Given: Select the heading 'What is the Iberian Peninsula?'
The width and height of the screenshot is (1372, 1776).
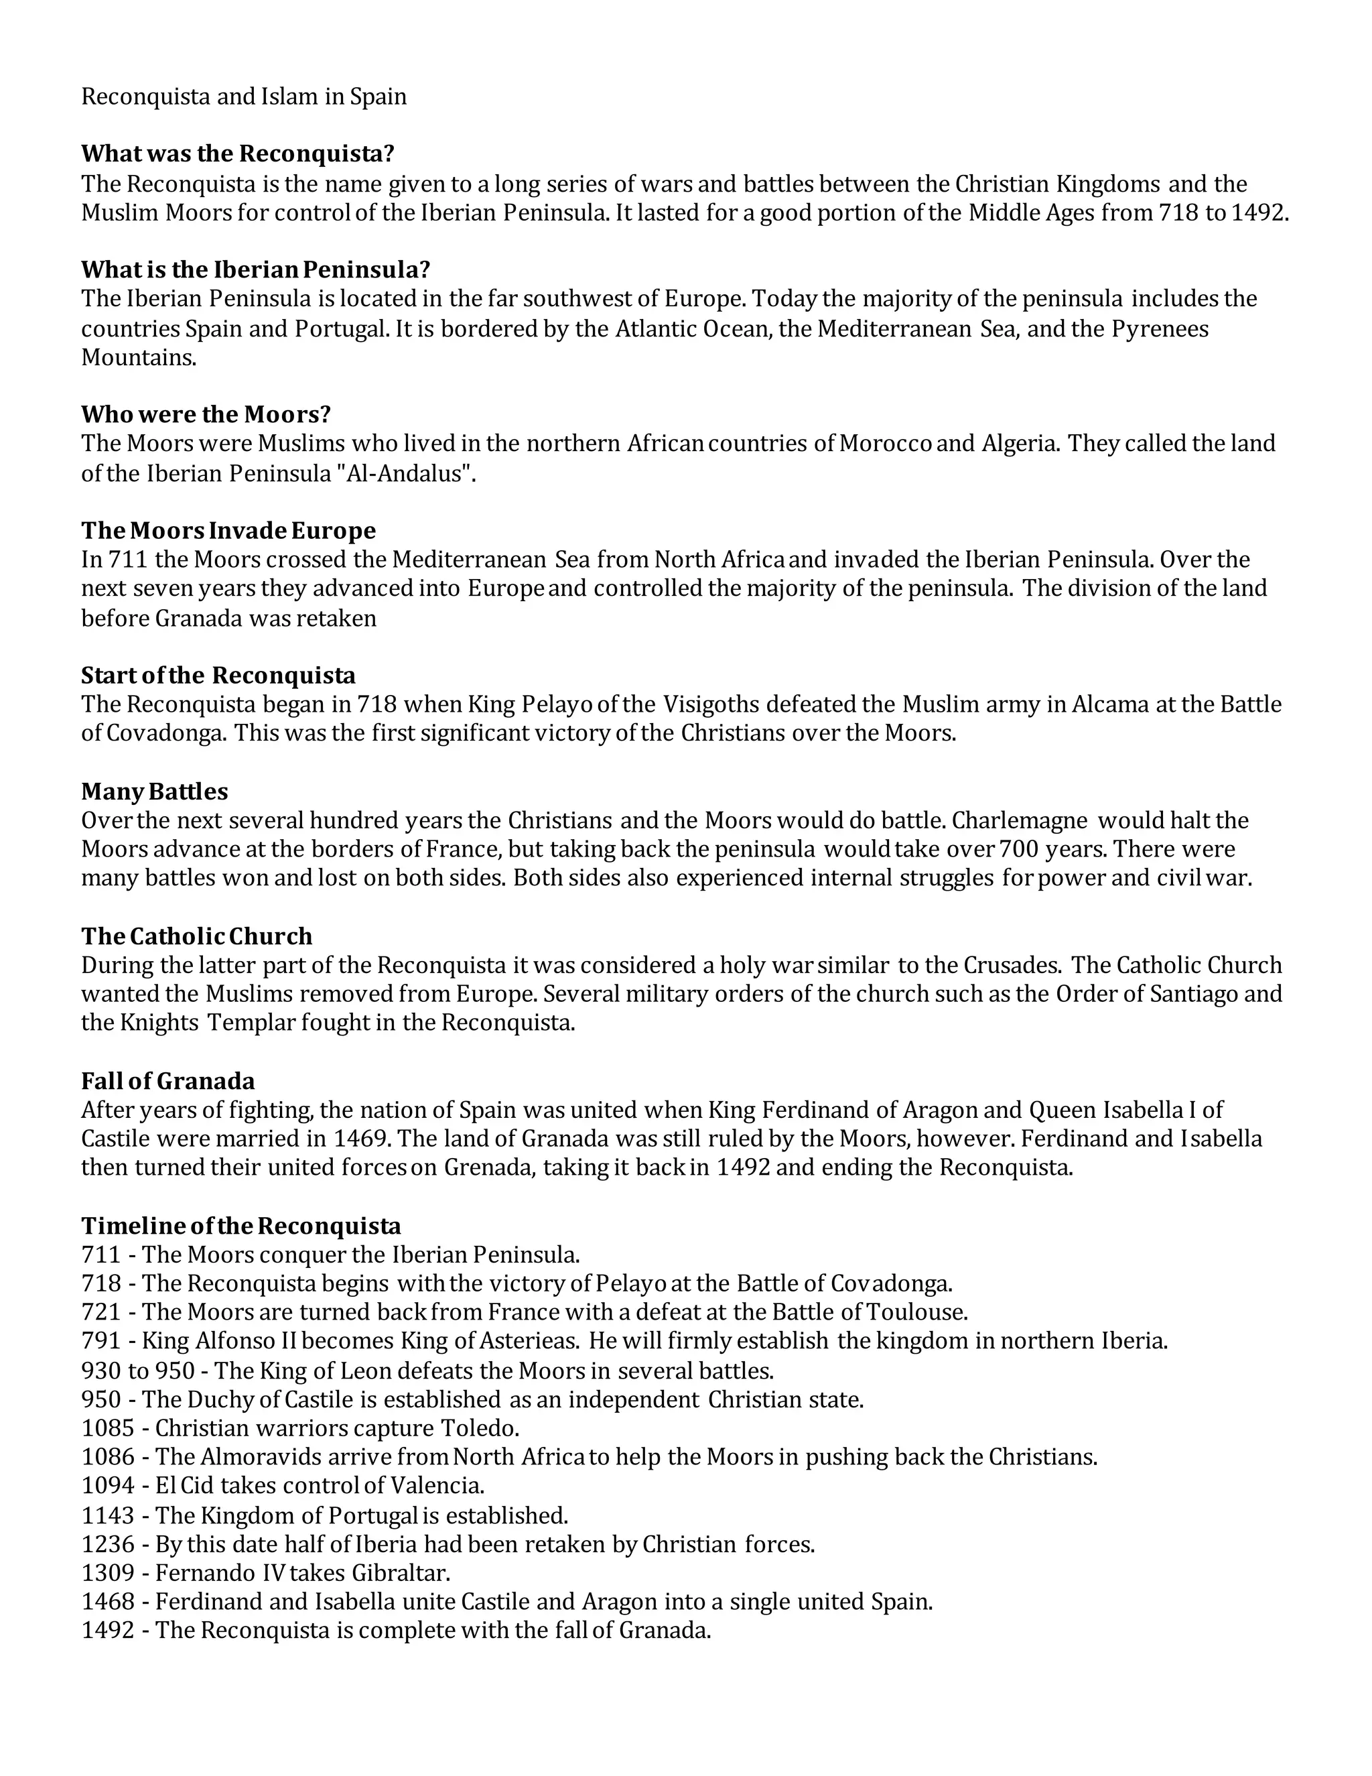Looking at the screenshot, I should (255, 269).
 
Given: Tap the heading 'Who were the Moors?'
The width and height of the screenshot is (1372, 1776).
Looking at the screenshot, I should (206, 414).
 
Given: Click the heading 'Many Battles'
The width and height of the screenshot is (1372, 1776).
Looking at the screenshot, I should (155, 791).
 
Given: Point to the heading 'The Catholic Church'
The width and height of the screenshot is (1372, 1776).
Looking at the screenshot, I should (197, 936).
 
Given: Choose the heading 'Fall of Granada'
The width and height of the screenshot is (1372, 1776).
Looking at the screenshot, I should (167, 1081).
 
